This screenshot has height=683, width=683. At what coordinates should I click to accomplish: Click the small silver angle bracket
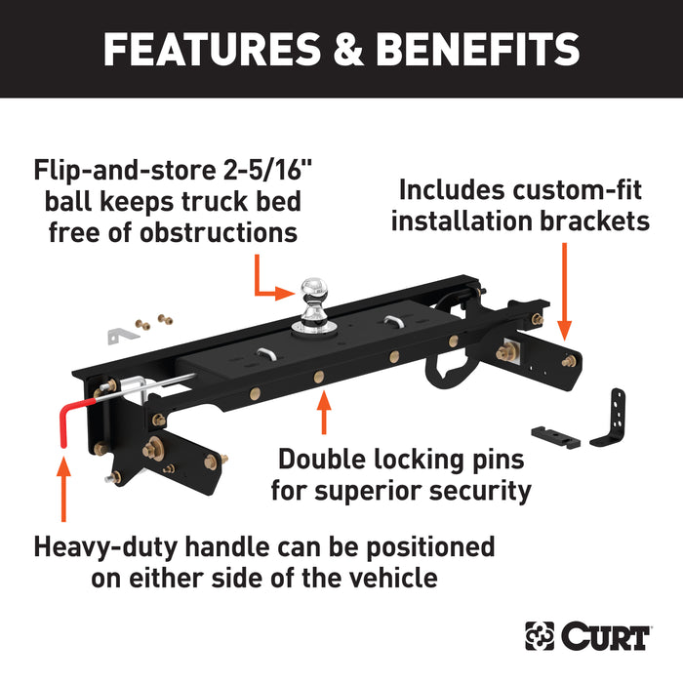coord(119,334)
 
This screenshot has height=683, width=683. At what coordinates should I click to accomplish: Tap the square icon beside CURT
coord(539,637)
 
